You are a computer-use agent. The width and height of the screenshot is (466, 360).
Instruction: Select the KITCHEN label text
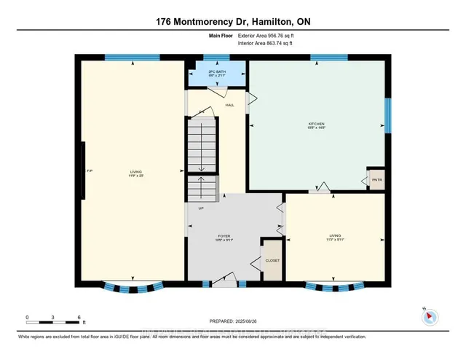pyautogui.click(x=315, y=125)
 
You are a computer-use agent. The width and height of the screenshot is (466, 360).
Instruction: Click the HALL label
pyautogui.click(x=229, y=105)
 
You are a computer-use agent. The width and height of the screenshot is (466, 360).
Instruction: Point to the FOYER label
pyautogui.click(x=224, y=236)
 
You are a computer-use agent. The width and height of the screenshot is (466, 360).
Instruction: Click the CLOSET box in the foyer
pyautogui.click(x=272, y=260)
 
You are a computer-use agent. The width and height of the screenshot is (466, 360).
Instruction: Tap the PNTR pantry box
pyautogui.click(x=376, y=180)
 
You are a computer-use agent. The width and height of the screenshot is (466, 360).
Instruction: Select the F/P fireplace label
pyautogui.click(x=90, y=171)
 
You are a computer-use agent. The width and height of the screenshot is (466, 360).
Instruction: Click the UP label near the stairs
pyautogui.click(x=201, y=208)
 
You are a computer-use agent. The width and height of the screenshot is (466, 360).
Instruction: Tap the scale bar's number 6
pyautogui.click(x=78, y=316)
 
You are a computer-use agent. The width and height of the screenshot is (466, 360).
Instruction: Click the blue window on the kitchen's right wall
pyautogui.click(x=387, y=116)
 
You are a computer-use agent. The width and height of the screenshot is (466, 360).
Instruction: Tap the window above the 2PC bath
pyautogui.click(x=216, y=58)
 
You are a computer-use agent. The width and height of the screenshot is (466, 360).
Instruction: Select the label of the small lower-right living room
pyautogui.click(x=334, y=236)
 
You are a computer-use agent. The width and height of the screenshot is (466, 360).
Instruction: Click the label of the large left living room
pyautogui.click(x=132, y=173)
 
